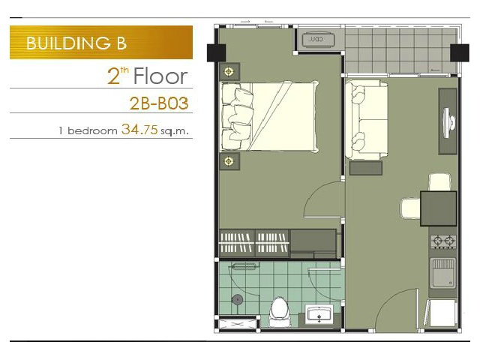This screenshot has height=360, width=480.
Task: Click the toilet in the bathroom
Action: [x=278, y=312]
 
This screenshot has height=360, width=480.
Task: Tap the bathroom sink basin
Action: [x=319, y=313]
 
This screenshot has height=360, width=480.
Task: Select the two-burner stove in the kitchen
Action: [x=443, y=241]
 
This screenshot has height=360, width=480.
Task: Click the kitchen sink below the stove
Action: [x=443, y=273]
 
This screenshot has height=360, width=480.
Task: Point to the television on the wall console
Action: [x=448, y=123]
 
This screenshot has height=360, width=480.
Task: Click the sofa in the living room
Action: [x=367, y=119]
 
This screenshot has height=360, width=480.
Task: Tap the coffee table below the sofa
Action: [x=366, y=168]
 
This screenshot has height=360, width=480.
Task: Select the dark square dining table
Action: [x=438, y=208]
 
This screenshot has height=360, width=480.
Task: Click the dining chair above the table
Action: [x=440, y=182]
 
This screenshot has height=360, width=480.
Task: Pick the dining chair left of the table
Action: [x=410, y=208]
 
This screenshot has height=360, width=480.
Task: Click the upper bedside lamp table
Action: [x=229, y=72]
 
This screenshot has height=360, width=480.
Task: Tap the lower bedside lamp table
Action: [x=229, y=161]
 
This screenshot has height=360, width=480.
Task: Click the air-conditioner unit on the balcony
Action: [x=318, y=40]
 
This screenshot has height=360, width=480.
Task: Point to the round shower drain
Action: [x=237, y=300]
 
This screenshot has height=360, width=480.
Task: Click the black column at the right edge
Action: [x=460, y=53]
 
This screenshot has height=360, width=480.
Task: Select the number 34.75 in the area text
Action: [x=139, y=130]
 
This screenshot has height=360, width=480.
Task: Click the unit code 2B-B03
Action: [x=159, y=103]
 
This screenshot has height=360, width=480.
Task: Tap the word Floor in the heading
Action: [x=160, y=76]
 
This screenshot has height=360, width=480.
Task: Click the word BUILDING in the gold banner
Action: [x=68, y=43]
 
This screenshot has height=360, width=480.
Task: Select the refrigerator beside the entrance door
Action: [x=441, y=313]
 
